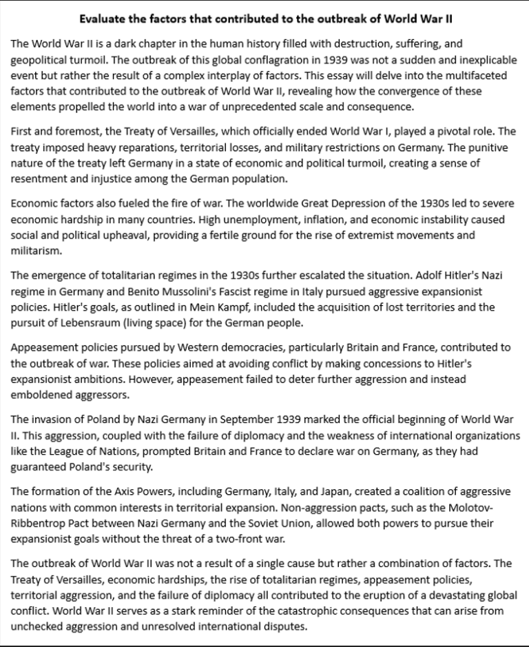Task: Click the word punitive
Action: coord(466,147)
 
